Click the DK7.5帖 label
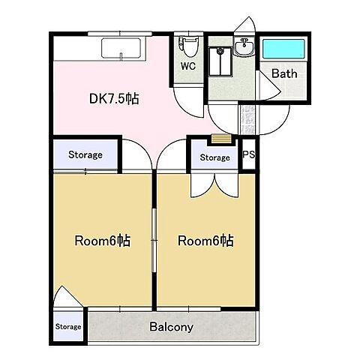(114, 99)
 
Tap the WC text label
(188, 66)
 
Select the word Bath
(284, 73)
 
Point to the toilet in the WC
(187, 46)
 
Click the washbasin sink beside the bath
(244, 47)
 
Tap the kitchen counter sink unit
(121, 48)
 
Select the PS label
(249, 154)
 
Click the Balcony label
(171, 327)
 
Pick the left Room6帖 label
(103, 241)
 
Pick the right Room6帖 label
(205, 241)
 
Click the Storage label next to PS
(214, 157)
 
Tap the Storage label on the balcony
(68, 326)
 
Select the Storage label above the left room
(85, 154)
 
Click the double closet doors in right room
(214, 185)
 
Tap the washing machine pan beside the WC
(220, 61)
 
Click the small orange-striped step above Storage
(221, 139)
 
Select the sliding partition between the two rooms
(154, 241)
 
